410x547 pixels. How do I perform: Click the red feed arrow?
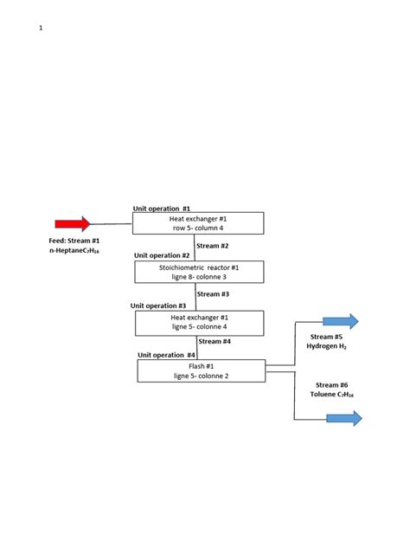73,224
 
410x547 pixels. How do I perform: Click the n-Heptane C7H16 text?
74,250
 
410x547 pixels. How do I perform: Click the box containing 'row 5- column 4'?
197,223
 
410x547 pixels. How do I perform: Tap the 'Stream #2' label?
213,246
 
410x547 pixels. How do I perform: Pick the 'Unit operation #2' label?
162,256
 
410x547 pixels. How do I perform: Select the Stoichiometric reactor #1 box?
198,273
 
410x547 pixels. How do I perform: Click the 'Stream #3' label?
213,294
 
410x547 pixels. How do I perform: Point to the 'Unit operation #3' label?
158,306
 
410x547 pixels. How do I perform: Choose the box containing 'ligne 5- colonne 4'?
198,323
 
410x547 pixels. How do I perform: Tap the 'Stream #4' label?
214,341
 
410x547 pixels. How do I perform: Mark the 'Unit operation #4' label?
166,355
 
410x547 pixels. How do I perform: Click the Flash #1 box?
202,370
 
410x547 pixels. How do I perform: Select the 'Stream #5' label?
327,336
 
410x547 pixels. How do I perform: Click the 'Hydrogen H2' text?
327,346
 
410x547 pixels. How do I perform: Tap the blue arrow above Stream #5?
340,322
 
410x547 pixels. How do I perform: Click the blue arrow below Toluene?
343,419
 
